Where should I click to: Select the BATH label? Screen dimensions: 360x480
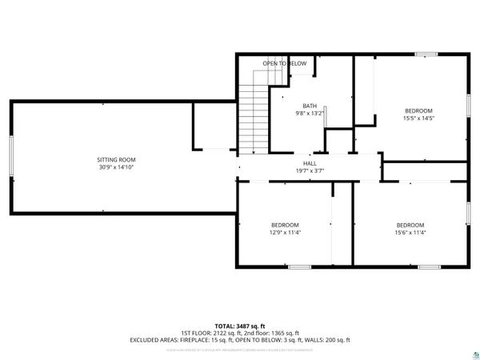click(309, 106)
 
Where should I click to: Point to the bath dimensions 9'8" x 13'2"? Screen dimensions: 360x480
click(309, 114)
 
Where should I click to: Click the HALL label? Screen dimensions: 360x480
click(309, 162)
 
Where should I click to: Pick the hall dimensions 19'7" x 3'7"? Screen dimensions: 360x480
click(309, 170)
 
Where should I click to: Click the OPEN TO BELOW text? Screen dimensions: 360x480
click(285, 63)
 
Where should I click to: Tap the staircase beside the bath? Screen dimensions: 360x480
click(254, 120)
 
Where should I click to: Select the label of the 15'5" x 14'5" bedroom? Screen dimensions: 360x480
click(418, 110)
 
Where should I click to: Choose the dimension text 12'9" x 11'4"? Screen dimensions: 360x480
click(285, 233)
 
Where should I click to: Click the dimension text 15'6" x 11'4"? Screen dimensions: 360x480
click(410, 233)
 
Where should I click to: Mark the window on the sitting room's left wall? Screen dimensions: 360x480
click(11, 158)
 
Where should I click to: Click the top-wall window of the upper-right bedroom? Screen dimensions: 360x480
click(426, 54)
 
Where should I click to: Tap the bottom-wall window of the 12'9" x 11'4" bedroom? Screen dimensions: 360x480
click(299, 266)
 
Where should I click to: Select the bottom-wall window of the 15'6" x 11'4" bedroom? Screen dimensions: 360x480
click(429, 266)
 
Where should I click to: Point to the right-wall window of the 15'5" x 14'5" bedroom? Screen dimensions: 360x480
click(469, 106)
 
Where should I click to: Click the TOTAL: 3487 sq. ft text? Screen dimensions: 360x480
click(240, 326)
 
